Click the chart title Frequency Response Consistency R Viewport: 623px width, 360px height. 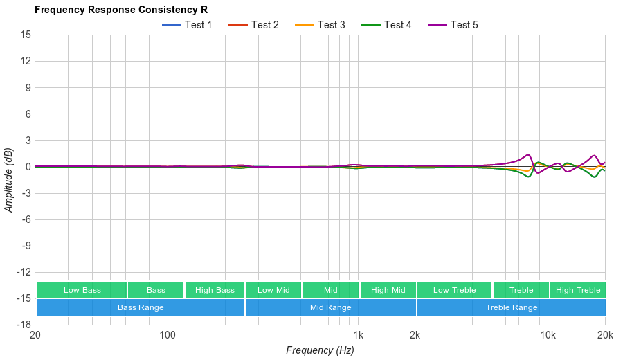(x=120, y=10)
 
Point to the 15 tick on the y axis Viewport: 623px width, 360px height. (x=26, y=35)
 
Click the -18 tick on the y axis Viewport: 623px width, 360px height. (x=24, y=325)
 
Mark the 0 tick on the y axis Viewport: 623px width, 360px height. (x=28, y=167)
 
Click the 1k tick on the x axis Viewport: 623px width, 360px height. (x=358, y=335)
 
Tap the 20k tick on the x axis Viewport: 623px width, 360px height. (x=604, y=335)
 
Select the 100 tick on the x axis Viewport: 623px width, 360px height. (x=168, y=335)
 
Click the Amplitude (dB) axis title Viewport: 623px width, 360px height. (x=9, y=179)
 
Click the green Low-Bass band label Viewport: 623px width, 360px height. (x=82, y=290)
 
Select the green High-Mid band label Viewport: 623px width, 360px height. (x=388, y=290)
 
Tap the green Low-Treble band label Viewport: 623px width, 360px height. (x=454, y=290)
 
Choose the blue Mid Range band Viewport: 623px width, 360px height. (x=330, y=307)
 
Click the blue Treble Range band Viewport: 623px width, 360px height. (x=511, y=307)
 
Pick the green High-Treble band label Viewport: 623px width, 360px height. (x=577, y=290)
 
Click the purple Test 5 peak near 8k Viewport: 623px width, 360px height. (x=528, y=154)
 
